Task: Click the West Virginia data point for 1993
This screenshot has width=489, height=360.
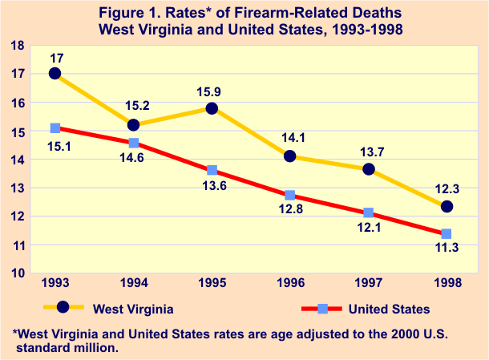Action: (55, 74)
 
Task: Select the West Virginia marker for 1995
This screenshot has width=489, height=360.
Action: (212, 108)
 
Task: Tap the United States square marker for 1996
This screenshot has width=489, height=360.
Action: (290, 195)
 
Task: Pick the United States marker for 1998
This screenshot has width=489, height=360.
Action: (447, 234)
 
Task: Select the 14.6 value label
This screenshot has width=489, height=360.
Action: (133, 159)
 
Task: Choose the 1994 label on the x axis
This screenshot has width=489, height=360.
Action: (133, 285)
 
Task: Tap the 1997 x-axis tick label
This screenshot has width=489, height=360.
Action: (368, 285)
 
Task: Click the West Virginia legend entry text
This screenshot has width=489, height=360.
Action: (134, 309)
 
